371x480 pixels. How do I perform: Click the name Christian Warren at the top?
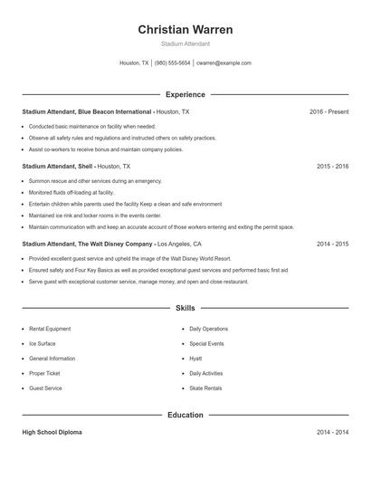point(185,30)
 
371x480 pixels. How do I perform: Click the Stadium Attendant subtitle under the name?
point(185,43)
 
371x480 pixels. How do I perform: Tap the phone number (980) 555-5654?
point(172,63)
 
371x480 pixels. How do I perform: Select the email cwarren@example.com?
point(224,63)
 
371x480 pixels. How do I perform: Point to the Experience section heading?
point(185,94)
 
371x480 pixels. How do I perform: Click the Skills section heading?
point(185,309)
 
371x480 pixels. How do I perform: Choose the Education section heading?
point(185,415)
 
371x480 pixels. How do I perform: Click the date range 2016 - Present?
point(329,111)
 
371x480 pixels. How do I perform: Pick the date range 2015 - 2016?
point(333,167)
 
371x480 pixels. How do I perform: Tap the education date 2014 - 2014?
point(333,433)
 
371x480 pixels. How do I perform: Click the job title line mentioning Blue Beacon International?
point(106,111)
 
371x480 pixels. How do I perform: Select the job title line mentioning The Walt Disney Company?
point(111,244)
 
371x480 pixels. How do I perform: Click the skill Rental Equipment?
point(50,329)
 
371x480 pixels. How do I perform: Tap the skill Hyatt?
point(195,359)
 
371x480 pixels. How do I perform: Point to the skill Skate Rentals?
point(205,388)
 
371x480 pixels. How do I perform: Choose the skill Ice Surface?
point(43,344)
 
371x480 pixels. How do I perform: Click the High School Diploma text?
point(52,433)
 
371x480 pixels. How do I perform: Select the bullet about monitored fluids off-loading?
point(71,192)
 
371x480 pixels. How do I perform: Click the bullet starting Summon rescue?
point(82,181)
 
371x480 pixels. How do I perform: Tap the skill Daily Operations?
point(209,329)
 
